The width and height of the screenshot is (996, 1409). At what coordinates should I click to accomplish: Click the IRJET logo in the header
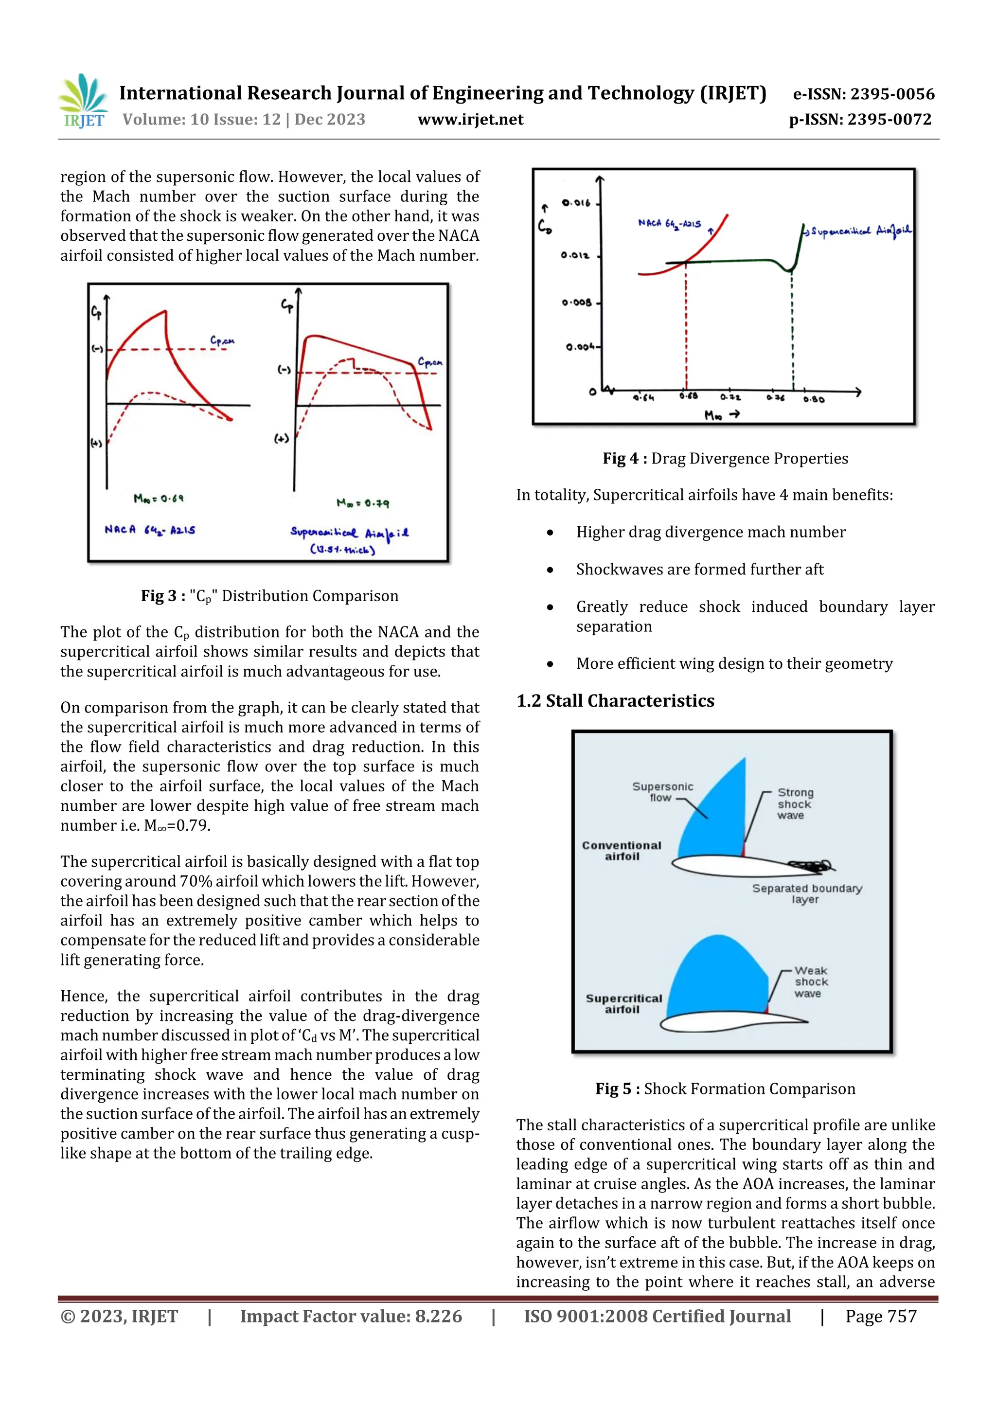(83, 101)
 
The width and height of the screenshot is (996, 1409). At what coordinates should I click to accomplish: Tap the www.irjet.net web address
(470, 120)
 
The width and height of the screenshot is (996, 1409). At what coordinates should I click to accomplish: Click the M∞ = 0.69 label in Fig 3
(159, 499)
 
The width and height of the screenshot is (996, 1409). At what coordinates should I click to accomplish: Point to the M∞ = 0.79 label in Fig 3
(362, 503)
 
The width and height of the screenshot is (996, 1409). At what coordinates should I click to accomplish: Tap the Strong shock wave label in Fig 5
(795, 804)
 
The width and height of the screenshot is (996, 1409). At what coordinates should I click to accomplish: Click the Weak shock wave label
(811, 982)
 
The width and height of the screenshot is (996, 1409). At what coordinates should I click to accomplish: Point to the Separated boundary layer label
(806, 893)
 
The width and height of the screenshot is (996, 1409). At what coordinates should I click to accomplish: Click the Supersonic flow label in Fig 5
(662, 792)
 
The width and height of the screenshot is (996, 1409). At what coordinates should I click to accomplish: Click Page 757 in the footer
(881, 1316)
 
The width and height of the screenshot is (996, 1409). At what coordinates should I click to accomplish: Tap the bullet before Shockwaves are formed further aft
(550, 570)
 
